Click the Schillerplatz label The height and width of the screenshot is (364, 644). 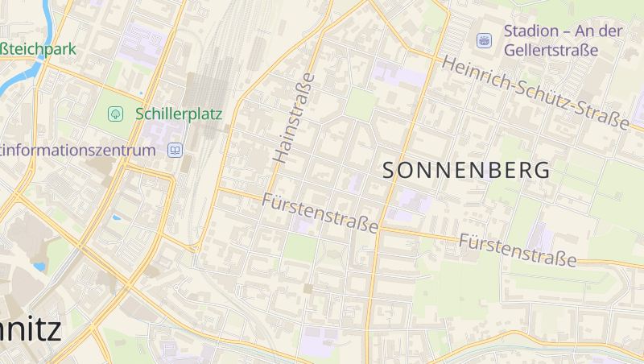pyautogui.click(x=178, y=114)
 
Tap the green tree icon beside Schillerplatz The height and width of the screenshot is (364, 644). pyautogui.click(x=115, y=114)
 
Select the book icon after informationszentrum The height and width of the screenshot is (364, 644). pyautogui.click(x=175, y=151)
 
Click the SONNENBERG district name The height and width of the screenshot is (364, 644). pyautogui.click(x=467, y=171)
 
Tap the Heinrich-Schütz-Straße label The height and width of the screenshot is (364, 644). pyautogui.click(x=535, y=93)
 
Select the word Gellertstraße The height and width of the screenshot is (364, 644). pyautogui.click(x=551, y=50)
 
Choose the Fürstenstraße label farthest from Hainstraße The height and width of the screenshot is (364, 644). pyautogui.click(x=518, y=250)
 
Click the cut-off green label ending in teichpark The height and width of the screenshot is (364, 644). pyautogui.click(x=38, y=49)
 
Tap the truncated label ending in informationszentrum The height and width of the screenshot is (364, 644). pyautogui.click(x=77, y=151)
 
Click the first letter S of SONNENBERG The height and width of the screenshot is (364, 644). pyautogui.click(x=390, y=171)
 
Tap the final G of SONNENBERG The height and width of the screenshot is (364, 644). pyautogui.click(x=543, y=171)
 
